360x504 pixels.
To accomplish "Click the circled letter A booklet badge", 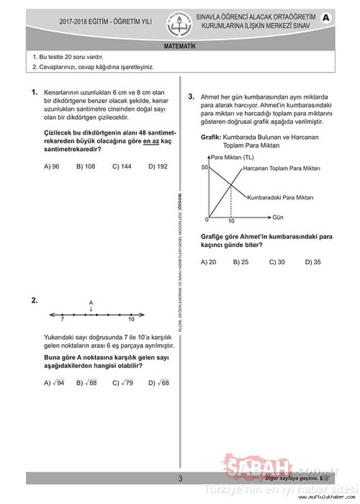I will point(326,18).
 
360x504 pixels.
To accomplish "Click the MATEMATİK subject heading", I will point(180,46).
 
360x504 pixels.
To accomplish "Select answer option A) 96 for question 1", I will point(52,166).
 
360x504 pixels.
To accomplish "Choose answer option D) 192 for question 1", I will point(157,166).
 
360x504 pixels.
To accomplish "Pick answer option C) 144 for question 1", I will point(122,166).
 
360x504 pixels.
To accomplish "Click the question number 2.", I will point(35,301).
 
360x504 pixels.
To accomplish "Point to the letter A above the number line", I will point(91,303).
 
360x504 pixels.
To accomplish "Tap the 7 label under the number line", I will point(62,319).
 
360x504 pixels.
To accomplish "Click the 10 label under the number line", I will point(131,319).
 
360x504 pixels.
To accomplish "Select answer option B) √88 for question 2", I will point(87,383).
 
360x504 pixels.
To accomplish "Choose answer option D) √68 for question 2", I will point(158,383).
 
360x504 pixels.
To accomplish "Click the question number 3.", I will point(191,96).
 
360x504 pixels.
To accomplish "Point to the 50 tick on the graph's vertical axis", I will point(204,167).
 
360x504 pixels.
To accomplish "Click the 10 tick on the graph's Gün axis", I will point(231,221).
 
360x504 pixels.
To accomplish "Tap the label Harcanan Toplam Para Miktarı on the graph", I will point(281,168).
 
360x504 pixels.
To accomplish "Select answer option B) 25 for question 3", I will point(241,262).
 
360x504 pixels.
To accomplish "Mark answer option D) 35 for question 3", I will point(313,262).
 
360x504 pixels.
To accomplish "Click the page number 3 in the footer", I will point(180,478).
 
